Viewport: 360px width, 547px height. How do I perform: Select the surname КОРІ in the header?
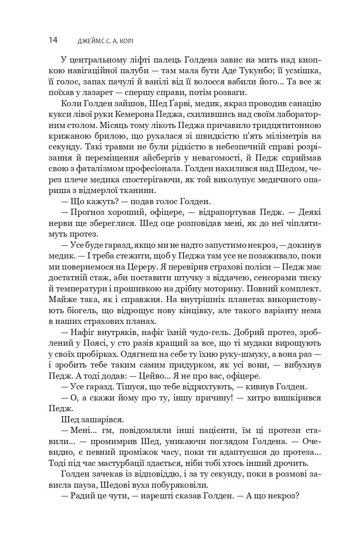point(136,41)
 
